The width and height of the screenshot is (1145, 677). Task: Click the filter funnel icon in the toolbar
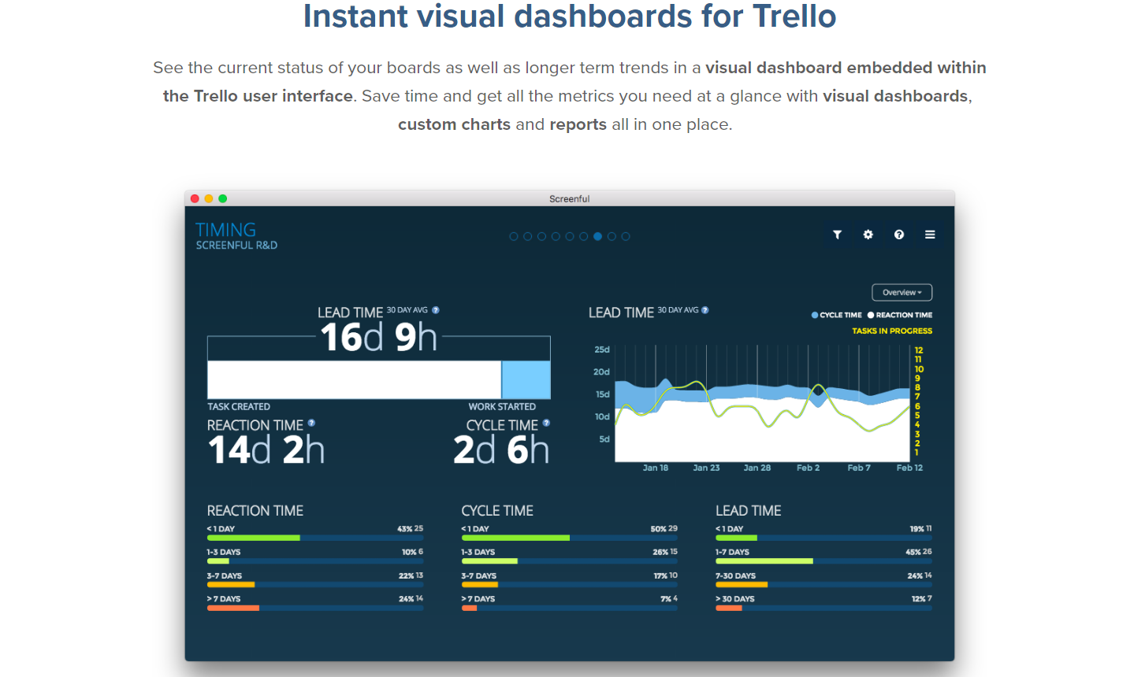pos(837,235)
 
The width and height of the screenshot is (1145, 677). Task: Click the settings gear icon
pos(868,235)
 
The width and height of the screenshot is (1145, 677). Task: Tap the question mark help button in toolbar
pos(899,235)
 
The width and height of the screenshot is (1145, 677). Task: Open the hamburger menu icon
pos(930,235)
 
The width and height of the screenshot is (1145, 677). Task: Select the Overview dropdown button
pos(902,293)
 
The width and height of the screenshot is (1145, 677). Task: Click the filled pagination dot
pos(598,236)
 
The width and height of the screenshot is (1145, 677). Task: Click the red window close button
pos(195,198)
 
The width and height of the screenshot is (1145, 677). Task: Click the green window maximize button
pos(223,198)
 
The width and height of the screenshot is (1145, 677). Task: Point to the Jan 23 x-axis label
pos(706,468)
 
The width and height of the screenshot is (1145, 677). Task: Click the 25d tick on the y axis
pos(602,350)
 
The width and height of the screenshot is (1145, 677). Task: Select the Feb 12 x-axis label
pos(909,468)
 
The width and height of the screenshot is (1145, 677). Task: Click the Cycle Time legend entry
pos(837,315)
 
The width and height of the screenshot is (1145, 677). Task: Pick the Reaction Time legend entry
pos(900,315)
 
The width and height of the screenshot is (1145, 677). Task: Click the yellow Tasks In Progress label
pos(892,331)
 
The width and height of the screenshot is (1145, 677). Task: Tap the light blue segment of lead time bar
pos(526,380)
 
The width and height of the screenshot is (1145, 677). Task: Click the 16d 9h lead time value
pos(378,338)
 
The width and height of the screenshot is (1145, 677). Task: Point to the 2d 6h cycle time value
pos(501,450)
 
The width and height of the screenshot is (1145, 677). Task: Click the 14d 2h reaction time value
pos(266,450)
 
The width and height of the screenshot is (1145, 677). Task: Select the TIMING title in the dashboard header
pos(225,230)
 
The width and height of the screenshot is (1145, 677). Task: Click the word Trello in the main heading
pos(794,17)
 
